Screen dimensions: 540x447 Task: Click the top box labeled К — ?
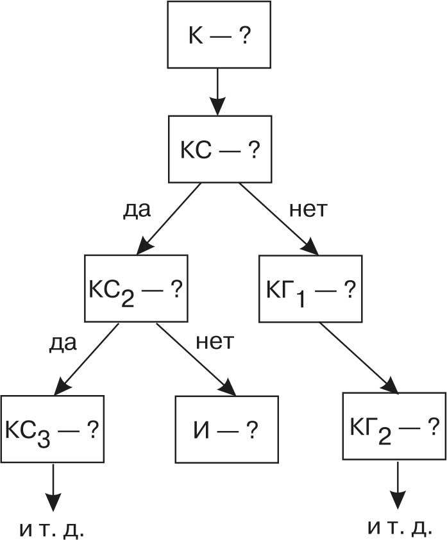[219, 35]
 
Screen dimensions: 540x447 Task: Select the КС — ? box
[219, 149]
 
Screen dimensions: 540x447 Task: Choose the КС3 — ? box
[52, 428]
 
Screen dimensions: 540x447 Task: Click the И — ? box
[227, 428]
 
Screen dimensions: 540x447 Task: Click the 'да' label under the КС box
[136, 210]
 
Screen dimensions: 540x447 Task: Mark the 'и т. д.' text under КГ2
[399, 527]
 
